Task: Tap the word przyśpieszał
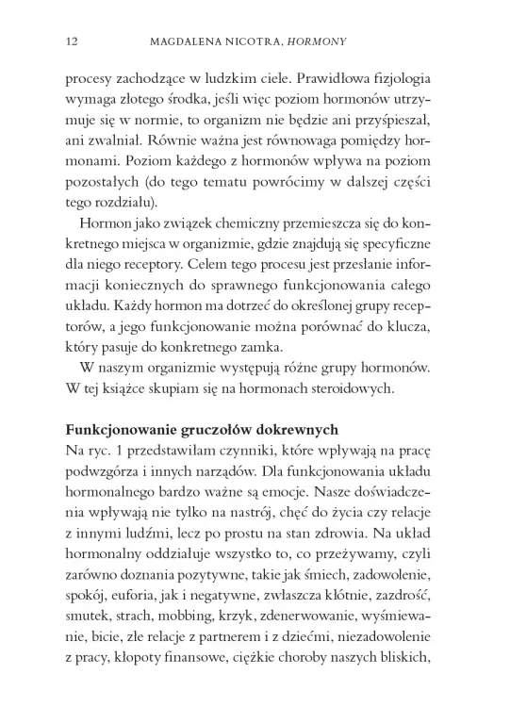pos(397,126)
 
